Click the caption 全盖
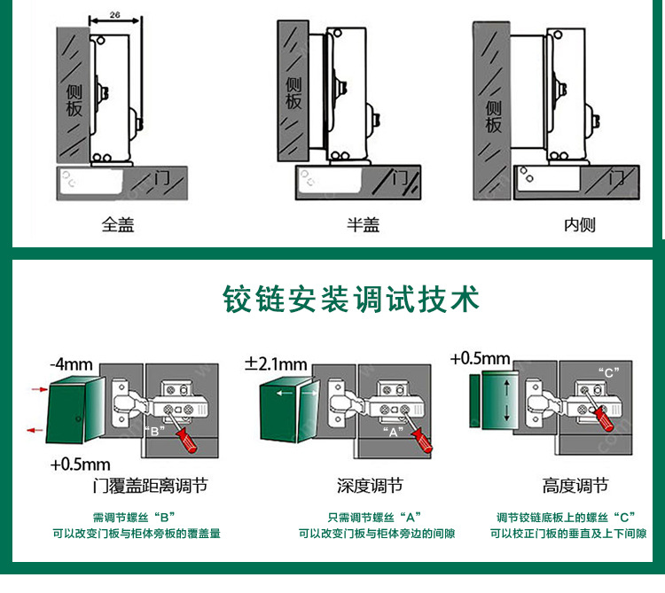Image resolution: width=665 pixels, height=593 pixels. pyautogui.click(x=117, y=225)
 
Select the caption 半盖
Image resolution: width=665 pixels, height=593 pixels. pyautogui.click(x=363, y=225)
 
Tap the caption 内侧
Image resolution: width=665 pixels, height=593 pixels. pyautogui.click(x=580, y=225)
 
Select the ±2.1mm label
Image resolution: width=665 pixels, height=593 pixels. pyautogui.click(x=276, y=363)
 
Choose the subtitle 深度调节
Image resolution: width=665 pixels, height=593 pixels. pyautogui.click(x=370, y=486)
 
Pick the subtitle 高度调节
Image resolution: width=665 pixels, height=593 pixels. pyautogui.click(x=575, y=486)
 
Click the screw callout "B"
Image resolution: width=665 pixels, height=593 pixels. pyautogui.click(x=156, y=432)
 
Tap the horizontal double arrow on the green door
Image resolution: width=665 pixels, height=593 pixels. pyautogui.click(x=287, y=394)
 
